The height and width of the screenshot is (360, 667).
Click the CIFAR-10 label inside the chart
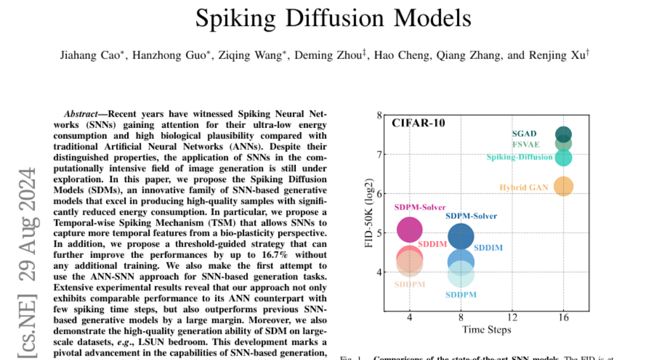[419, 123]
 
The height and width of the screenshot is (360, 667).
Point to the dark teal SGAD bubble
[564, 134]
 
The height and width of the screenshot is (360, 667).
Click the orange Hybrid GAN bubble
[564, 187]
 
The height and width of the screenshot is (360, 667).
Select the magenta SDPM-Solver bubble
[410, 229]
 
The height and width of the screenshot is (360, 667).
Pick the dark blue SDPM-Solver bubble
[461, 236]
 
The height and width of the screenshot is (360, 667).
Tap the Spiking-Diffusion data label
[519, 157]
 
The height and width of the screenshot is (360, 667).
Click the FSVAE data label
[525, 144]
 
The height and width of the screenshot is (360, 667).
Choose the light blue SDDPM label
[461, 294]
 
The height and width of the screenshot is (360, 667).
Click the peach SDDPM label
[410, 284]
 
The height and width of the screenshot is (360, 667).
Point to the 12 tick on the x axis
[512, 317]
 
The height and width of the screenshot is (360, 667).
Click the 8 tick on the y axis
[380, 116]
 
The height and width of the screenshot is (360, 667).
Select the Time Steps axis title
[486, 329]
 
